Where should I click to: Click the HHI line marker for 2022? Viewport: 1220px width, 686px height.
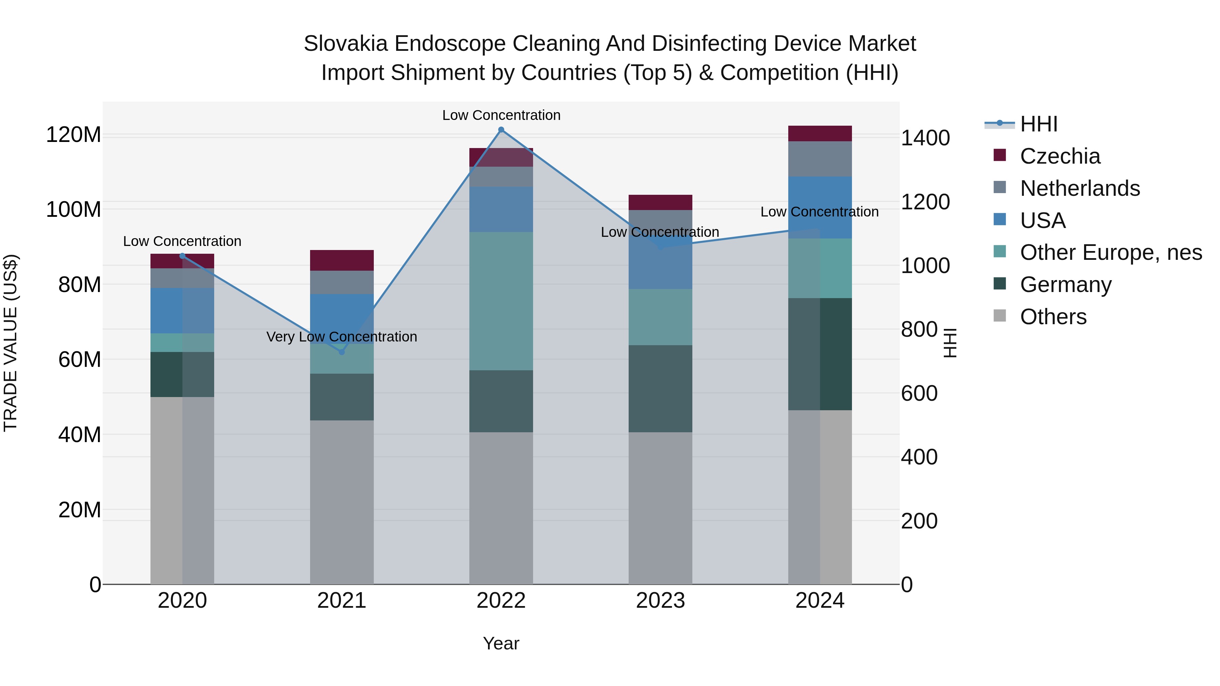(501, 130)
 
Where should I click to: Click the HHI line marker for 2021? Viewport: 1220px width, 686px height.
(342, 352)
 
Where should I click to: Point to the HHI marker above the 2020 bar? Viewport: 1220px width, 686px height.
(182, 256)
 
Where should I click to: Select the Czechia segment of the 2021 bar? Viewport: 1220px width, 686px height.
(342, 261)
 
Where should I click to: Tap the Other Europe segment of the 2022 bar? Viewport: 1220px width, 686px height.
(501, 301)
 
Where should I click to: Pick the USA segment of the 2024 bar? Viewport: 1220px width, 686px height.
(820, 207)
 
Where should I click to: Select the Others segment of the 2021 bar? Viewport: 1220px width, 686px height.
(342, 502)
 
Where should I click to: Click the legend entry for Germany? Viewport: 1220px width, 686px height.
(1065, 285)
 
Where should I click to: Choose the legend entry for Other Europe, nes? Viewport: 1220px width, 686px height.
(1111, 252)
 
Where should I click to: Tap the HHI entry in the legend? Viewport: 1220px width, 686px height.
(1038, 124)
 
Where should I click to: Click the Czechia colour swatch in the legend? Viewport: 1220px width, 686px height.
(999, 155)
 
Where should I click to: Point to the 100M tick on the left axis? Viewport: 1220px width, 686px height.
(74, 209)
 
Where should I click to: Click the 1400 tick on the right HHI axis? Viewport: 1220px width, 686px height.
(925, 138)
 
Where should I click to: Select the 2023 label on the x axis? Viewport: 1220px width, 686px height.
(660, 601)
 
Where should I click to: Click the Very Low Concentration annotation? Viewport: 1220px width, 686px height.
(342, 337)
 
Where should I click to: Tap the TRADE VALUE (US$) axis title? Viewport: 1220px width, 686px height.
(11, 343)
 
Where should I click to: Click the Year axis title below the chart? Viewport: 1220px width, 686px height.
(501, 643)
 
